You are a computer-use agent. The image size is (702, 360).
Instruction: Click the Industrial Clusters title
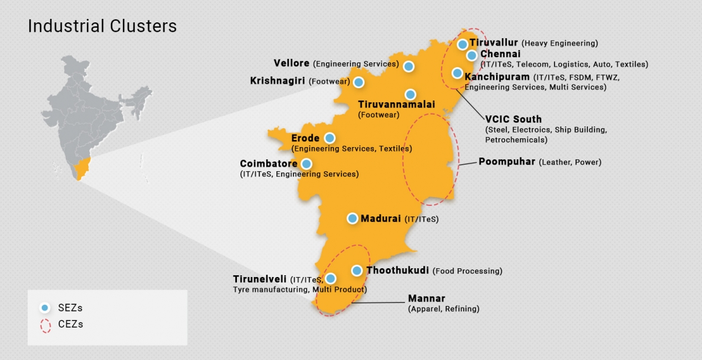[102, 26]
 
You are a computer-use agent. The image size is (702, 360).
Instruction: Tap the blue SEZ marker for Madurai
[352, 218]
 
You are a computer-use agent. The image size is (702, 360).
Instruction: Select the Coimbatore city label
[269, 164]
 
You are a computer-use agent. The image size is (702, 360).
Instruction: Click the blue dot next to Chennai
[472, 55]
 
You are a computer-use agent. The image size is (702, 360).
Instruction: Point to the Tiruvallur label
[493, 43]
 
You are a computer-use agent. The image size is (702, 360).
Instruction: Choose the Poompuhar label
[507, 162]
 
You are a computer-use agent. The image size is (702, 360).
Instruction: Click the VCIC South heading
[513, 119]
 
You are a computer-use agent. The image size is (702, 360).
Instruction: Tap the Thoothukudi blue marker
[356, 271]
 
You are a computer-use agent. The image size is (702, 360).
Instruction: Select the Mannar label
[426, 299]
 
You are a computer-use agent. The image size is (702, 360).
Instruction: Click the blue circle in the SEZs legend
[45, 308]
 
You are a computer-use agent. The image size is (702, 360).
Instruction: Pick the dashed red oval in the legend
[45, 325]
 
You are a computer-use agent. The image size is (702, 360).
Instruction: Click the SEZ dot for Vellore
[408, 67]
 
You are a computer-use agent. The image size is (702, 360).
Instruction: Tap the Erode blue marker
[329, 138]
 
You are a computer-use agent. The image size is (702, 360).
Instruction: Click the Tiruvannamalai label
[396, 104]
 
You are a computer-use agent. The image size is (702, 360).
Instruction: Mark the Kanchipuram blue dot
[457, 73]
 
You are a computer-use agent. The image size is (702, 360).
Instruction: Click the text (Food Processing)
[467, 271]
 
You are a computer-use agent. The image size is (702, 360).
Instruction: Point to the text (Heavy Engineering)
[560, 44]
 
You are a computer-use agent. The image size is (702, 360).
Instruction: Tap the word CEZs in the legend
[71, 324]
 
